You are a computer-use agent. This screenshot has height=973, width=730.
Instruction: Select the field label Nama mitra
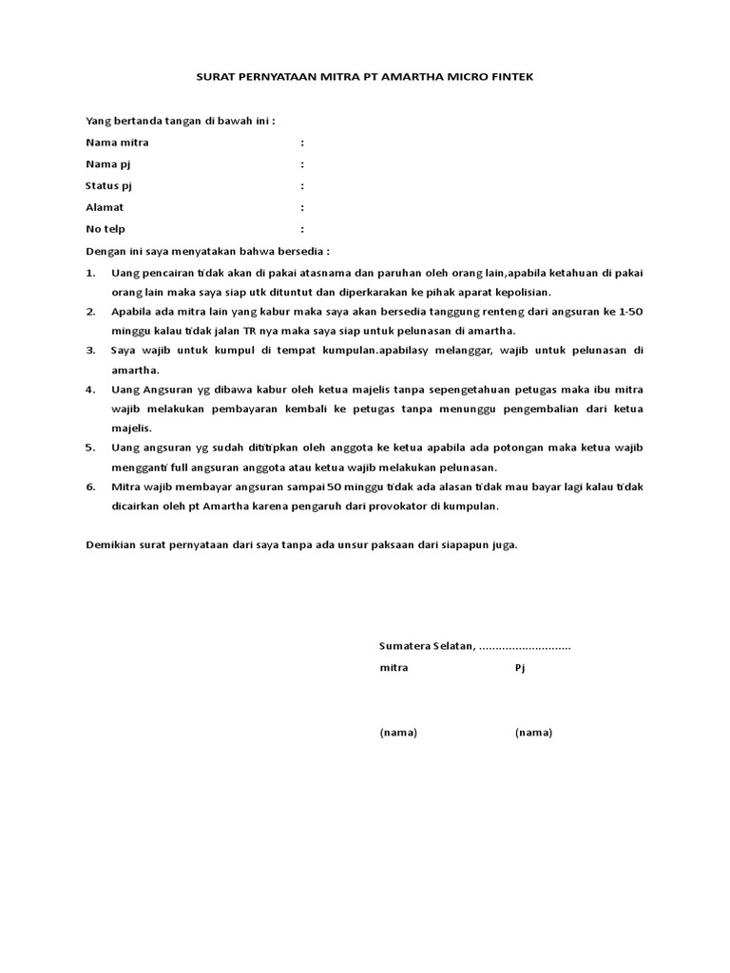(x=117, y=143)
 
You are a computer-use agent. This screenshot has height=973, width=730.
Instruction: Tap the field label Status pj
(x=109, y=185)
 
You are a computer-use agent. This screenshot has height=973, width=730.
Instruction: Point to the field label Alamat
(x=105, y=207)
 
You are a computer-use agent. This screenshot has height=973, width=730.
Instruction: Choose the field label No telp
(x=106, y=229)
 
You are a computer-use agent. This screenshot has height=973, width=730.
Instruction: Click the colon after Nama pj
(x=302, y=164)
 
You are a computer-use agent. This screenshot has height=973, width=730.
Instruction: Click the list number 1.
(x=90, y=273)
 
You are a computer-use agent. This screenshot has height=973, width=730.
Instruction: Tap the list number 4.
(x=90, y=390)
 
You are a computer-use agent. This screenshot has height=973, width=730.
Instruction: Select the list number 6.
(x=90, y=486)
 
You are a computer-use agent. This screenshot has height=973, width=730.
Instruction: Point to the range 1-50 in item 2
(x=628, y=312)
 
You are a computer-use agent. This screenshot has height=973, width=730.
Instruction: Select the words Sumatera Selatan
(x=426, y=646)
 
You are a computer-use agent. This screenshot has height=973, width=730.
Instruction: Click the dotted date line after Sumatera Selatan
(x=525, y=647)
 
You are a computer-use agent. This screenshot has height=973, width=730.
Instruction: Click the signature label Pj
(x=520, y=668)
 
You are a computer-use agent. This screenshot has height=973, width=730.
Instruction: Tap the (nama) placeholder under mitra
(x=398, y=733)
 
